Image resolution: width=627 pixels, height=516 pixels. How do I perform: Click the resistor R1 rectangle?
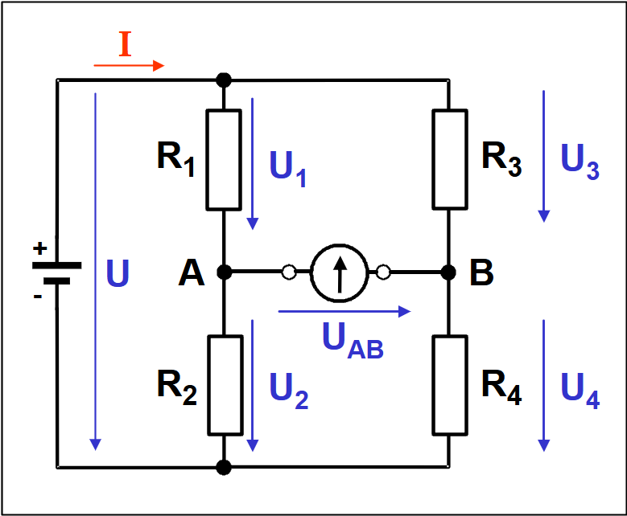(x=225, y=159)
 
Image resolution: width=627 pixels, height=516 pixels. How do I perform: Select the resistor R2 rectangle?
(x=225, y=384)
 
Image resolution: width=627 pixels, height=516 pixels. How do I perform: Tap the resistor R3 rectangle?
(x=450, y=159)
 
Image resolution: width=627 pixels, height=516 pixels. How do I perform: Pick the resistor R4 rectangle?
(x=450, y=384)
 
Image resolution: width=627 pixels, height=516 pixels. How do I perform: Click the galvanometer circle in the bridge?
(x=338, y=273)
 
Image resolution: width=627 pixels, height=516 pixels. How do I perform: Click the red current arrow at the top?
(x=129, y=65)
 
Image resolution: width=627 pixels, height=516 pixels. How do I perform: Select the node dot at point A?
(x=225, y=273)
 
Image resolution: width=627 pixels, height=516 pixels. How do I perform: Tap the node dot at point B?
(x=450, y=273)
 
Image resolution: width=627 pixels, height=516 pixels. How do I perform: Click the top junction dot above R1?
(x=225, y=80)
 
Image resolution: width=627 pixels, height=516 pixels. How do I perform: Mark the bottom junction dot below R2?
(x=225, y=466)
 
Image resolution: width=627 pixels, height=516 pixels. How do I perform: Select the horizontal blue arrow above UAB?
(x=344, y=310)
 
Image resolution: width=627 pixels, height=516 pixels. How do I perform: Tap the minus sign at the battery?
(x=37, y=297)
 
